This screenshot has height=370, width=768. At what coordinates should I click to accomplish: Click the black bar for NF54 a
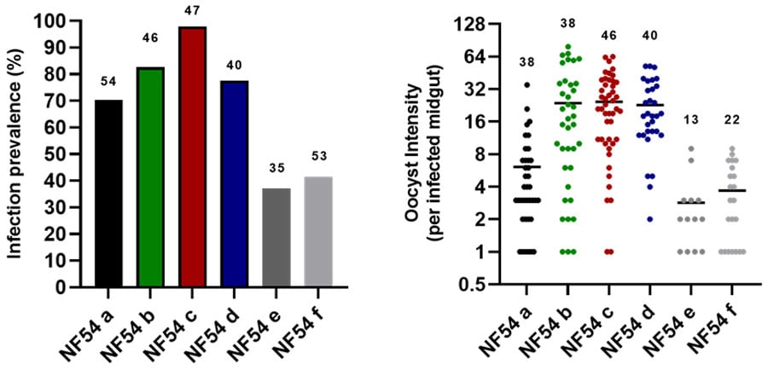[x=109, y=194]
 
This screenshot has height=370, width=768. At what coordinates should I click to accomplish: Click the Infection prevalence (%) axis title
[x=15, y=153]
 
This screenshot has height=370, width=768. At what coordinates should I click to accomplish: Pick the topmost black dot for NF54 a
[x=527, y=84]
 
